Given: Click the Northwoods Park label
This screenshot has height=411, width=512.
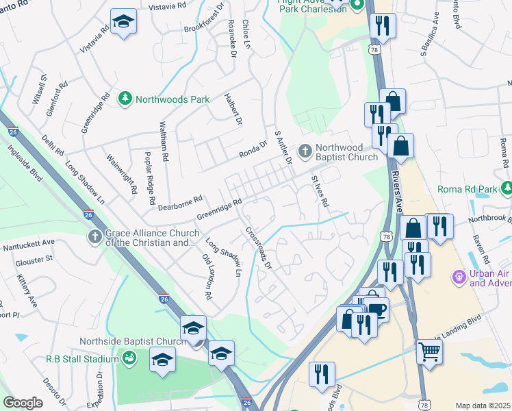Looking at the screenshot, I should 172,99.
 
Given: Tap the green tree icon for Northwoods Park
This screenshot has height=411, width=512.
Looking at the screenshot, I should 125,99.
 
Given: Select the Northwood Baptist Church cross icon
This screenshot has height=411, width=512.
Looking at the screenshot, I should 305,150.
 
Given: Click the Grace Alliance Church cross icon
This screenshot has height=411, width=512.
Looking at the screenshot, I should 95,237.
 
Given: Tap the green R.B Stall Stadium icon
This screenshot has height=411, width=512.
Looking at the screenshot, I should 127,358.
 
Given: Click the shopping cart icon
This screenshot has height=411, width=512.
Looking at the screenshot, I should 429,351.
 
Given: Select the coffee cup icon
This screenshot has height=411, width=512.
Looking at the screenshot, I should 376,309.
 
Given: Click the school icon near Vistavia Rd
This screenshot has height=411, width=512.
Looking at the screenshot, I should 123,22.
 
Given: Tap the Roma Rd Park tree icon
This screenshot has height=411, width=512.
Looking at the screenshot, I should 506,188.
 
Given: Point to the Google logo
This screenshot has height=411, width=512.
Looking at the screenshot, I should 23,403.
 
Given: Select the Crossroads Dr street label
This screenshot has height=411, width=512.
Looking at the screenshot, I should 259,248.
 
